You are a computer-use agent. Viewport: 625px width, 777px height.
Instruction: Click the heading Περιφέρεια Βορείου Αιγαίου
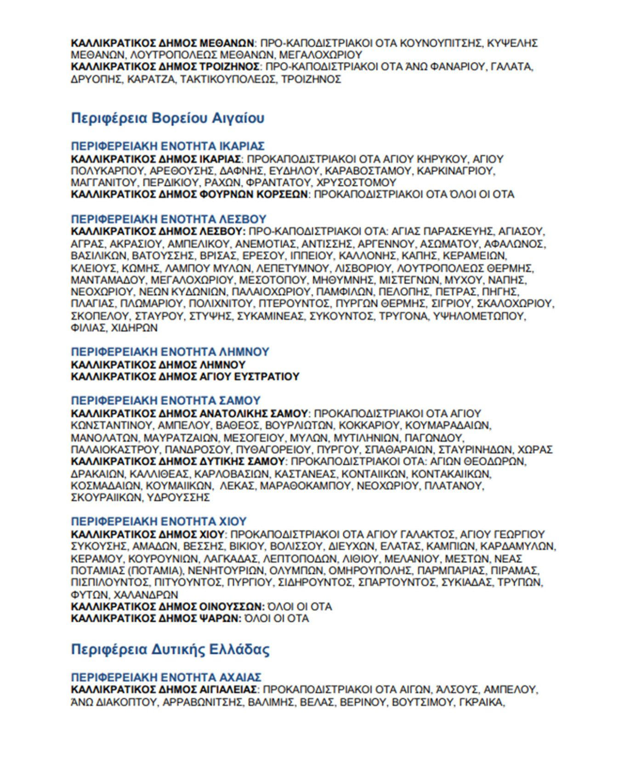coord(168,118)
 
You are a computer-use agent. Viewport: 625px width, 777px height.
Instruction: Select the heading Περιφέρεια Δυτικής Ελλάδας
coord(170,650)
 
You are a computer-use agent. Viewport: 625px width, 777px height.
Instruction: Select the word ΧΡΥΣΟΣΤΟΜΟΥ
coord(357,182)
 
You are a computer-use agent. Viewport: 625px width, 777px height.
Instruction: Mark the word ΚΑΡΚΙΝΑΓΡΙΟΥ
coord(455,171)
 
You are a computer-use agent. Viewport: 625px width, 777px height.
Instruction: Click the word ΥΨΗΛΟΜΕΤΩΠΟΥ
coord(480,316)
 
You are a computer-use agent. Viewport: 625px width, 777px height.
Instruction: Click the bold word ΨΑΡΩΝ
coord(220,618)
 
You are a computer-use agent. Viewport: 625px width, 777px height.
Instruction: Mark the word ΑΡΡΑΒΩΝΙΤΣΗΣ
coord(203,702)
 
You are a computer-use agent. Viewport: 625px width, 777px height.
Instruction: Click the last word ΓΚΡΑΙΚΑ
coord(481,702)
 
